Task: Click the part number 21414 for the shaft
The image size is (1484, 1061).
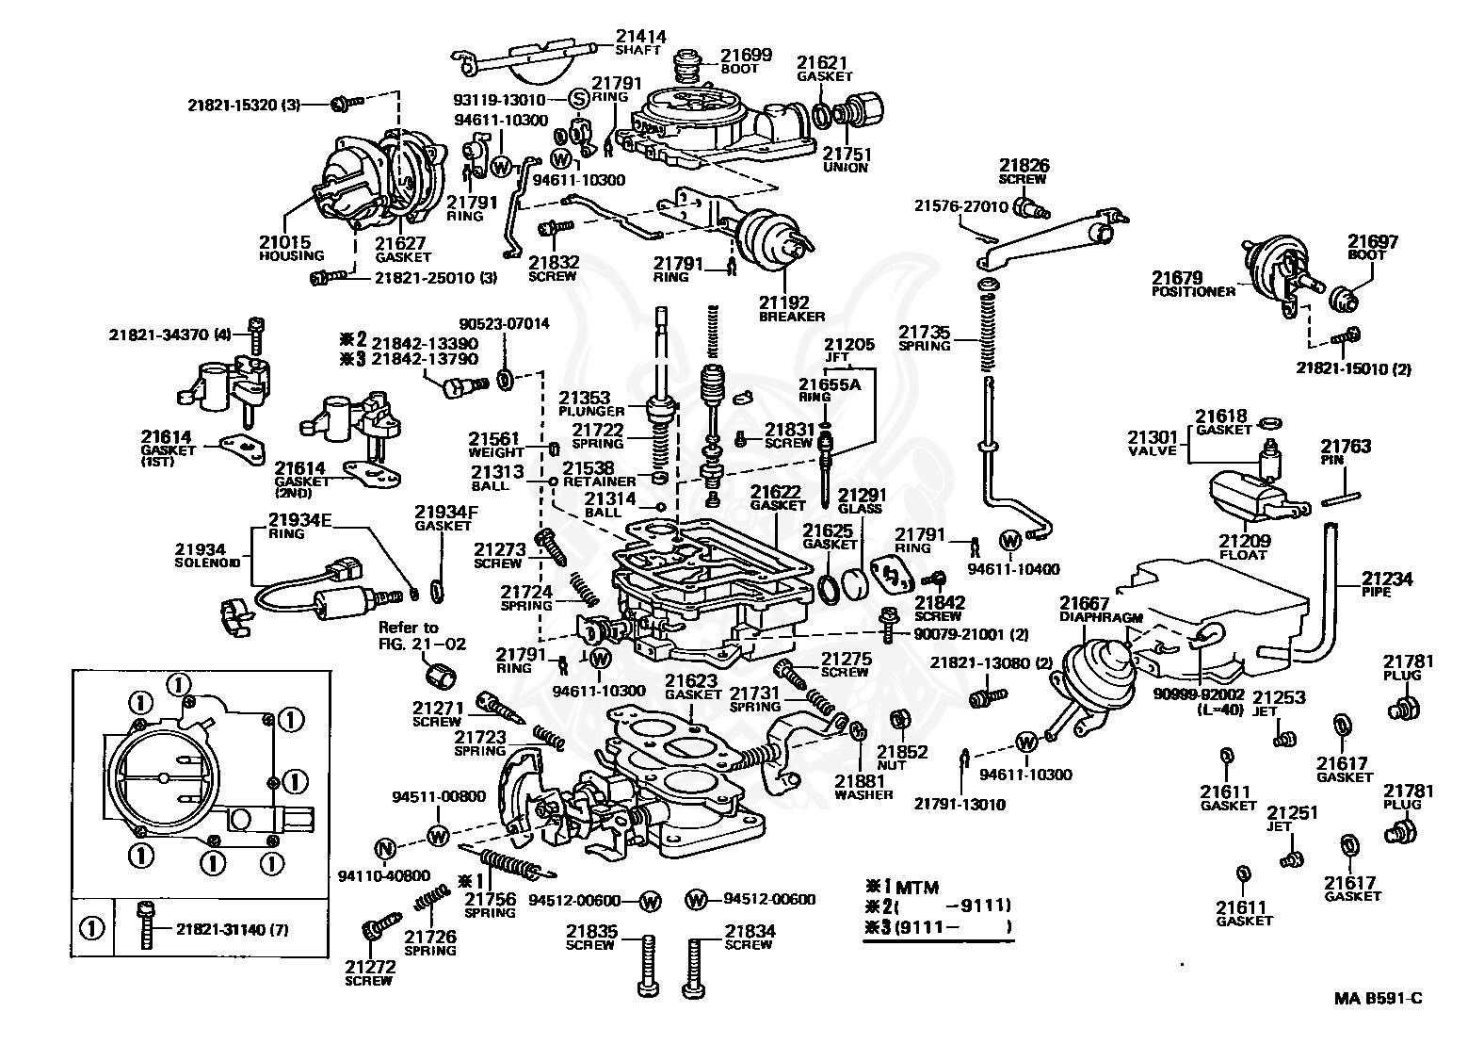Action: tap(640, 36)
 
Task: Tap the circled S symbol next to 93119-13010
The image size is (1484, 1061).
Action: tap(579, 100)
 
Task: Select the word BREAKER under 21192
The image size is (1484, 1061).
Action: tap(792, 317)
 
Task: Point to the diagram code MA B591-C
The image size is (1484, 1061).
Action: tap(1378, 1017)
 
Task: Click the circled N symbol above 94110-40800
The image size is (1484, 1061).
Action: tap(385, 849)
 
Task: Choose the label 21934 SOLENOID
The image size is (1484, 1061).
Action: tap(207, 556)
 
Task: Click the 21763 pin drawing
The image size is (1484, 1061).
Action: tap(1342, 498)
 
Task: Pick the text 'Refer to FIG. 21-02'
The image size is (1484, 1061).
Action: tap(422, 635)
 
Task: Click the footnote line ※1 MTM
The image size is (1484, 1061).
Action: tap(902, 888)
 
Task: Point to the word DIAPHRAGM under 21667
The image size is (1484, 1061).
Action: tap(1101, 617)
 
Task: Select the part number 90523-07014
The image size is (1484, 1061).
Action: tap(504, 323)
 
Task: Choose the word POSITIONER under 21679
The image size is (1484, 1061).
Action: tap(1193, 292)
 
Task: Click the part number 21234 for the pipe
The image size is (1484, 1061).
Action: tap(1387, 579)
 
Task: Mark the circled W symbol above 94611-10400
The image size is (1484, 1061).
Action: tap(1010, 541)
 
